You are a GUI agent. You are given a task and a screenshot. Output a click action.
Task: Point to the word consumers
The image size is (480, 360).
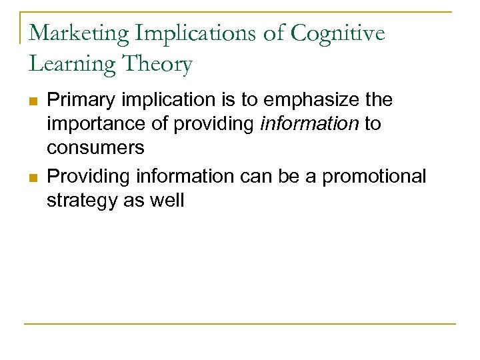[95, 147]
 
